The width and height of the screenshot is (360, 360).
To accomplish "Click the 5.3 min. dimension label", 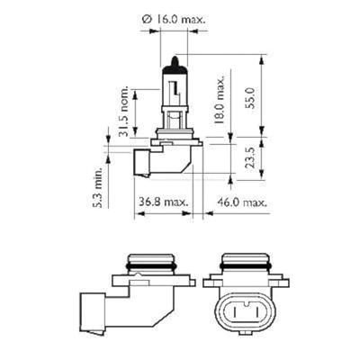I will (94, 185).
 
